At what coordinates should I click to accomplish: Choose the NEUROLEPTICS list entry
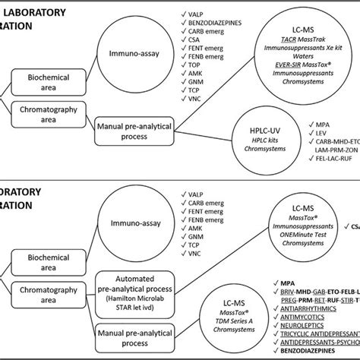(311, 333)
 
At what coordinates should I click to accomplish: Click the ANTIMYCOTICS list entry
(311, 324)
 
